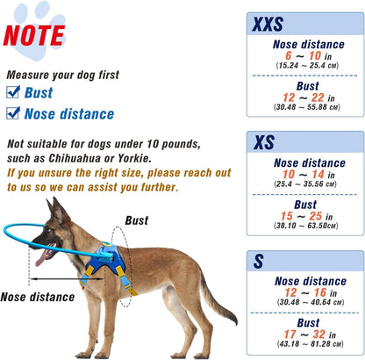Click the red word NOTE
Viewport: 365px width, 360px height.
coord(33,34)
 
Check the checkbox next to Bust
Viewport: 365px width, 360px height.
coord(13,92)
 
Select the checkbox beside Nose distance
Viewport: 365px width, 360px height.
coord(13,113)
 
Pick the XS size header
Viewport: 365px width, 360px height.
coord(264,142)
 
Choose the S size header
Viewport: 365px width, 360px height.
coord(259,261)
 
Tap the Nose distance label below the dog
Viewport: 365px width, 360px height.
coord(38,297)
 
